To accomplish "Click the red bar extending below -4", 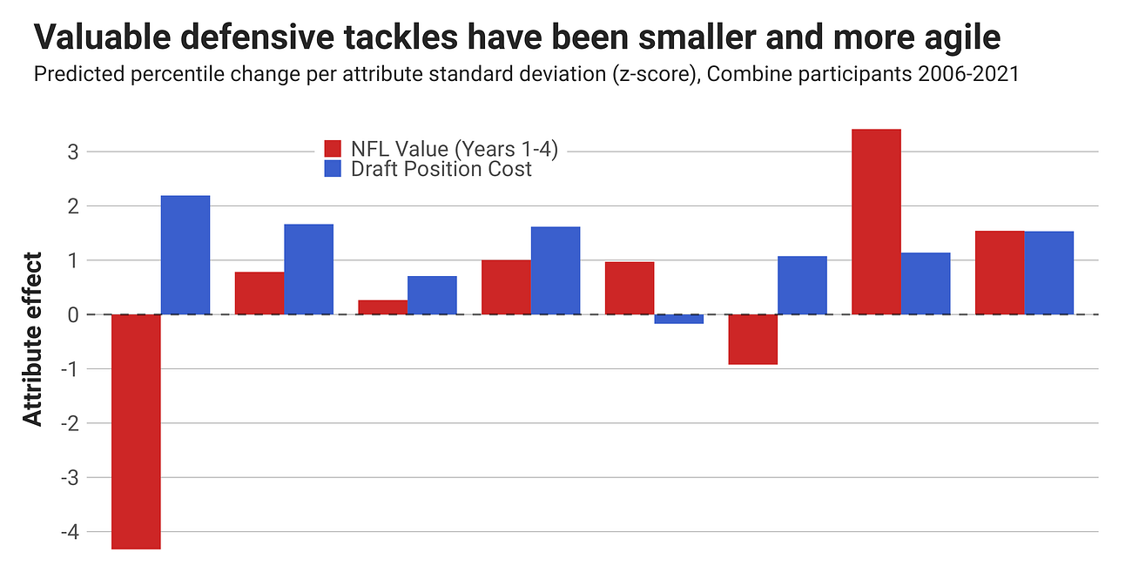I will pos(136,431).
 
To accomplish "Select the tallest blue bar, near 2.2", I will pos(185,255).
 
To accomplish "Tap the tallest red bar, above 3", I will pos(876,222).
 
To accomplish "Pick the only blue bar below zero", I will pos(678,319).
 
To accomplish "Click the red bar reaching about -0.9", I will pos(752,340).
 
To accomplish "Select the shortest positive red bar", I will pos(382,307).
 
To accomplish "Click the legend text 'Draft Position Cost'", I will pos(441,169).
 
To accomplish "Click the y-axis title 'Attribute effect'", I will pos(32,340).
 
